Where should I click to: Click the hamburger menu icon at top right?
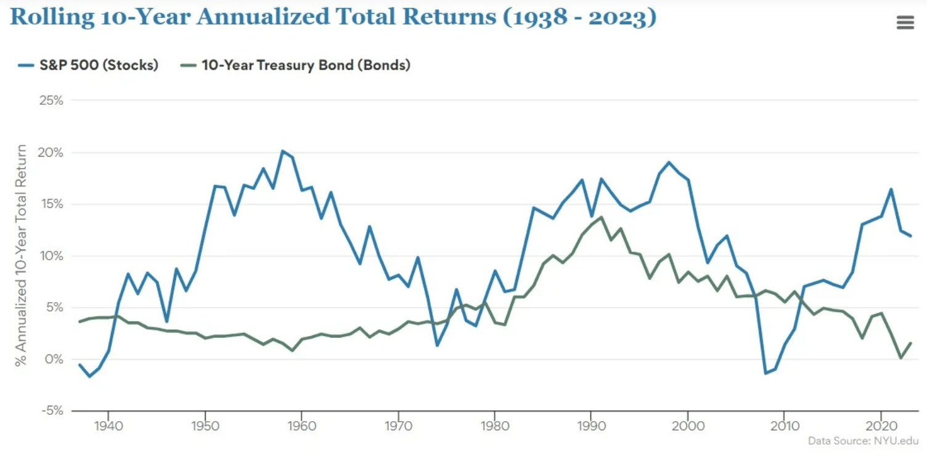tap(905, 23)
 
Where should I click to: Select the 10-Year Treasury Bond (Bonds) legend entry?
tap(296, 65)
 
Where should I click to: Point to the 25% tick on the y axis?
tap(51, 100)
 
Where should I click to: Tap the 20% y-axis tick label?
tap(51, 152)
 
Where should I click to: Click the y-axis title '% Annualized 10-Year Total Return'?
tap(22, 256)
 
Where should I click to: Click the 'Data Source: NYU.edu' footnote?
tap(864, 441)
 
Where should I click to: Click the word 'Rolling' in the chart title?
tap(52, 17)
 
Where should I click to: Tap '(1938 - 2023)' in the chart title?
tap(580, 17)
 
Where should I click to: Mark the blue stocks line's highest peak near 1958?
tap(282, 151)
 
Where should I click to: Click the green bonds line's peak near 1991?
tap(601, 217)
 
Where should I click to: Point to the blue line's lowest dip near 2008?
tap(765, 373)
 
